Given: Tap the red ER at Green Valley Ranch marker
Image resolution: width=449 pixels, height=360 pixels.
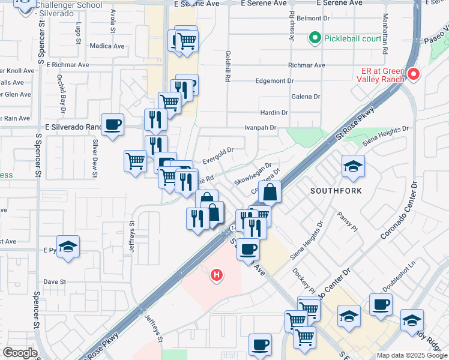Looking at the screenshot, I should point(413,74).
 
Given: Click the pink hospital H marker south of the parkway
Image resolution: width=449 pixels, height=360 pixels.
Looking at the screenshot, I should point(217,275).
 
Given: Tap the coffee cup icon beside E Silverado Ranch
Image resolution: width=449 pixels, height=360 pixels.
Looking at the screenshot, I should point(112,125).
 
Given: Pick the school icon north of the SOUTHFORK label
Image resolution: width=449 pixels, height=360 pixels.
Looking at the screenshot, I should point(353,166).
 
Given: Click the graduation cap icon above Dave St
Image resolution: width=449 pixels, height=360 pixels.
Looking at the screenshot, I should point(68,246).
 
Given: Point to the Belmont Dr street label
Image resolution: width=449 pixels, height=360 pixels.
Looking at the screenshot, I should point(323,19).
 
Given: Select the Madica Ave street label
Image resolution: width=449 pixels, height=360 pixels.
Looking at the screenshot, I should point(107,46).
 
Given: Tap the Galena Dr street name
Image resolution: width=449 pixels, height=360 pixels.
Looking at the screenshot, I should point(306,96).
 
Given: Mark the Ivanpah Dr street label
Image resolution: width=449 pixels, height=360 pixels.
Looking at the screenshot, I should point(261,128).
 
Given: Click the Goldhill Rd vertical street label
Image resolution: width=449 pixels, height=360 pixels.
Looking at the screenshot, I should point(228,67).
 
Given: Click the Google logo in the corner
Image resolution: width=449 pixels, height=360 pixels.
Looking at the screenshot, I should point(20,353).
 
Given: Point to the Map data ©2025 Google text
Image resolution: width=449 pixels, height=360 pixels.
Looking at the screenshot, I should point(412,355).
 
